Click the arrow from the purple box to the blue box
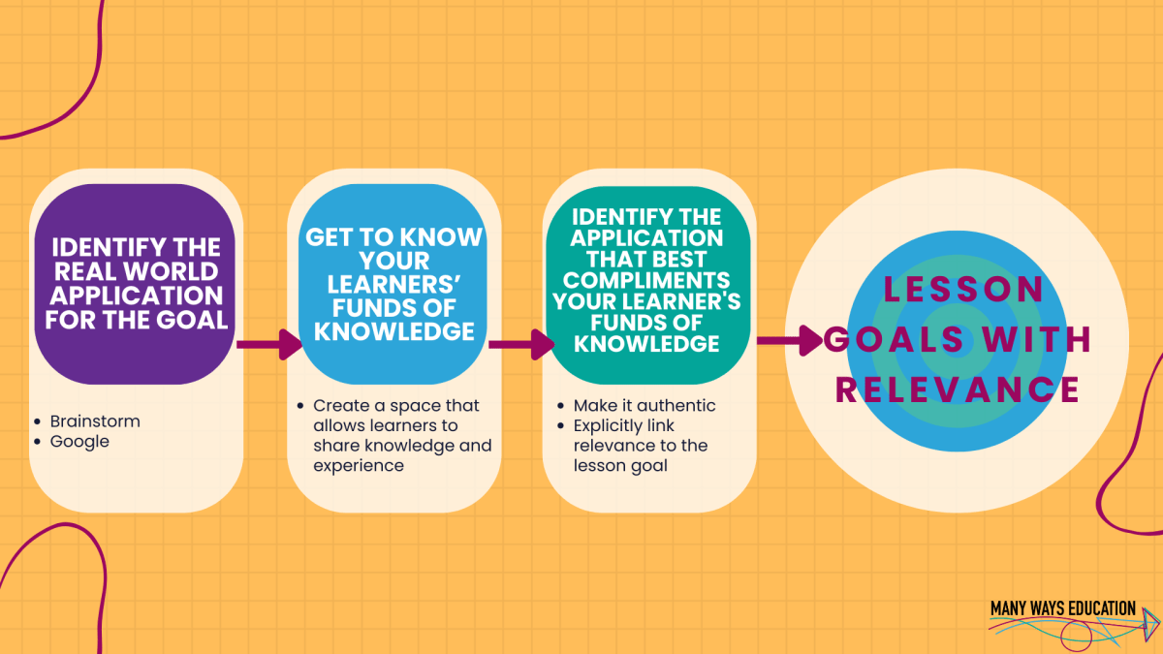(x=268, y=343)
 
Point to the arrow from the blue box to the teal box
(x=520, y=343)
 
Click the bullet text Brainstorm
(x=95, y=421)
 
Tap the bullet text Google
(x=79, y=442)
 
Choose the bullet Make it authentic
(x=644, y=405)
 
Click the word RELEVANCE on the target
(x=957, y=389)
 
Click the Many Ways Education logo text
(x=1062, y=608)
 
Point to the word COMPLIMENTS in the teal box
(x=647, y=282)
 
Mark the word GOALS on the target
(x=895, y=339)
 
